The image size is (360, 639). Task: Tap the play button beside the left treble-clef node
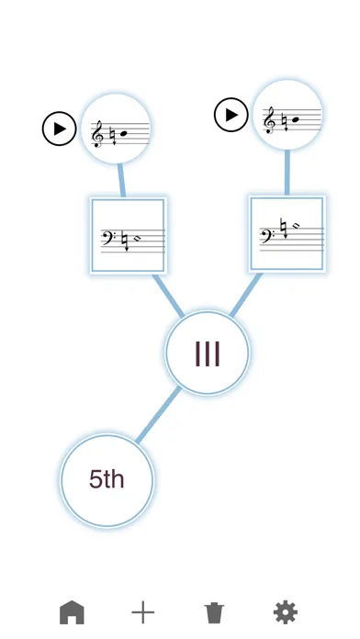coord(60,129)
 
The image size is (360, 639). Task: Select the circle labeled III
coord(207,353)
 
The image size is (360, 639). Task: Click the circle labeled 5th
coord(107,479)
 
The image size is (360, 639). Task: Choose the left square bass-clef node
coord(128,235)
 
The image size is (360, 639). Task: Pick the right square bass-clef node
coord(287,233)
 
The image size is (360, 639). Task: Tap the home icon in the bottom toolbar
coord(72,611)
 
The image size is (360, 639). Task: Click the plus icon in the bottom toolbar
coord(142,611)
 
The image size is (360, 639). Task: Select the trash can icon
coord(214,611)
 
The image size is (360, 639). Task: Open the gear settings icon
coord(286,611)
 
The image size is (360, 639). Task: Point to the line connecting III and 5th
coord(158,414)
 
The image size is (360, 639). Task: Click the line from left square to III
coord(169,295)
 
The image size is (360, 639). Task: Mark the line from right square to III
coord(244,293)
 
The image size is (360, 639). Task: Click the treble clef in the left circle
coord(98,135)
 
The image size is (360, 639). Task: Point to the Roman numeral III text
coord(207,353)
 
